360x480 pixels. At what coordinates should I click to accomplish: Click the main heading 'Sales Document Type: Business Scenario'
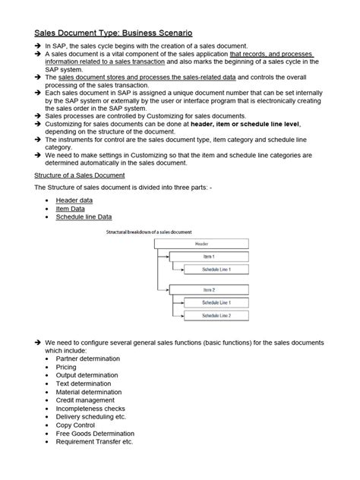(x=113, y=33)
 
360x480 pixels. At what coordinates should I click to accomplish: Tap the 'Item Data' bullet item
(x=71, y=208)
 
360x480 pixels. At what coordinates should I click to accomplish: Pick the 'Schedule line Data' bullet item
(x=84, y=216)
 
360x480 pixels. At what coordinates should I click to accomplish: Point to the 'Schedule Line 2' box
(x=216, y=315)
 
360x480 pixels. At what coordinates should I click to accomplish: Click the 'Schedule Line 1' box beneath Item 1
(x=216, y=270)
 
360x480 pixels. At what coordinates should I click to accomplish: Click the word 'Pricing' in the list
(x=68, y=367)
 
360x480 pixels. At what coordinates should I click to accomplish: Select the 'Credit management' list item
(x=85, y=400)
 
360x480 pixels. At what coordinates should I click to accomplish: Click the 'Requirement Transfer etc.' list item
(x=94, y=442)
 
